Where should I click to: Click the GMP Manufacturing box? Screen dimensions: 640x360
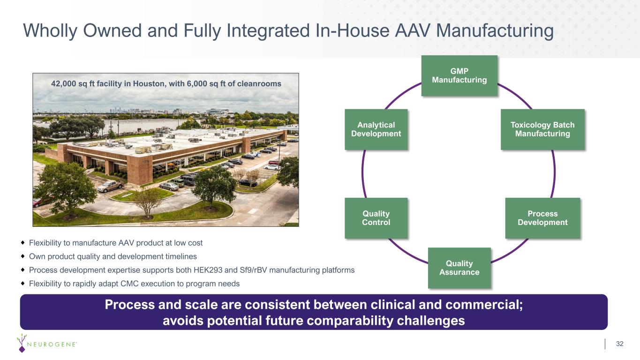click(459, 76)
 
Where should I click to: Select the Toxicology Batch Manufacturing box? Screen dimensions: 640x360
click(542, 129)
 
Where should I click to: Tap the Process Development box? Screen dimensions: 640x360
click(542, 218)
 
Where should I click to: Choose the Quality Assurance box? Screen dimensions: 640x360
click(459, 268)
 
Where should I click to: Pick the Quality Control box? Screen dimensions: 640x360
click(376, 218)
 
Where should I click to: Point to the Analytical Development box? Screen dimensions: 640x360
click(376, 129)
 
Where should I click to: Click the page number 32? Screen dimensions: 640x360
click(619, 344)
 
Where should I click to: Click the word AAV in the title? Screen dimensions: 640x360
click(413, 30)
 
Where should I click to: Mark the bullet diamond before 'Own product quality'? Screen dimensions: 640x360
click(23, 256)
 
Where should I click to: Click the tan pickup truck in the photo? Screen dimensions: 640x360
click(110, 187)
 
